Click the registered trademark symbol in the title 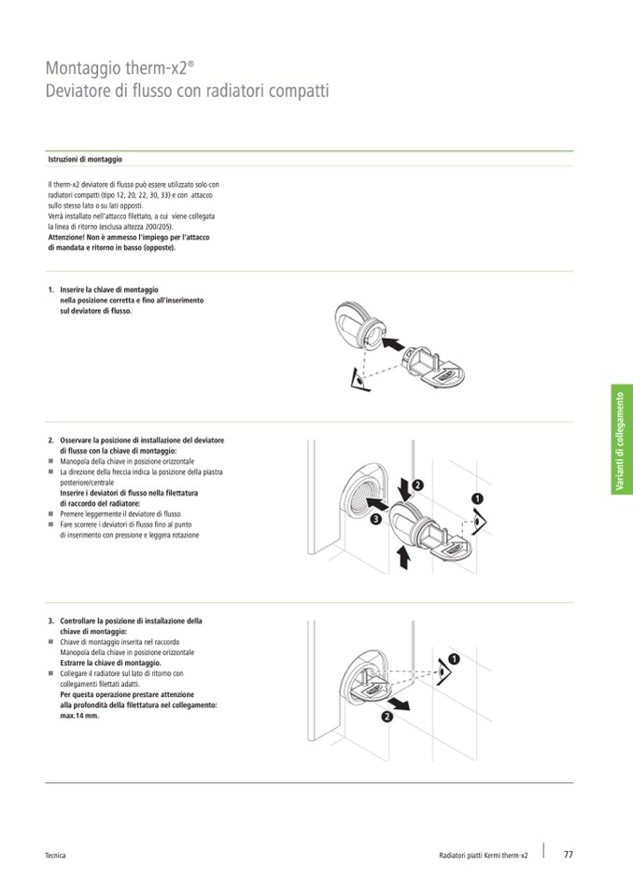coord(191,63)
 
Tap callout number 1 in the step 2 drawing coord(477,499)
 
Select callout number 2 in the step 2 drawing coord(417,485)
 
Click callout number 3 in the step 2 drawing coord(374,519)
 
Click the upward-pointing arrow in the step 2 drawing coord(403,557)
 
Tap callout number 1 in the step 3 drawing coord(452,660)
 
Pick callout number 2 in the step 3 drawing coord(386,717)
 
